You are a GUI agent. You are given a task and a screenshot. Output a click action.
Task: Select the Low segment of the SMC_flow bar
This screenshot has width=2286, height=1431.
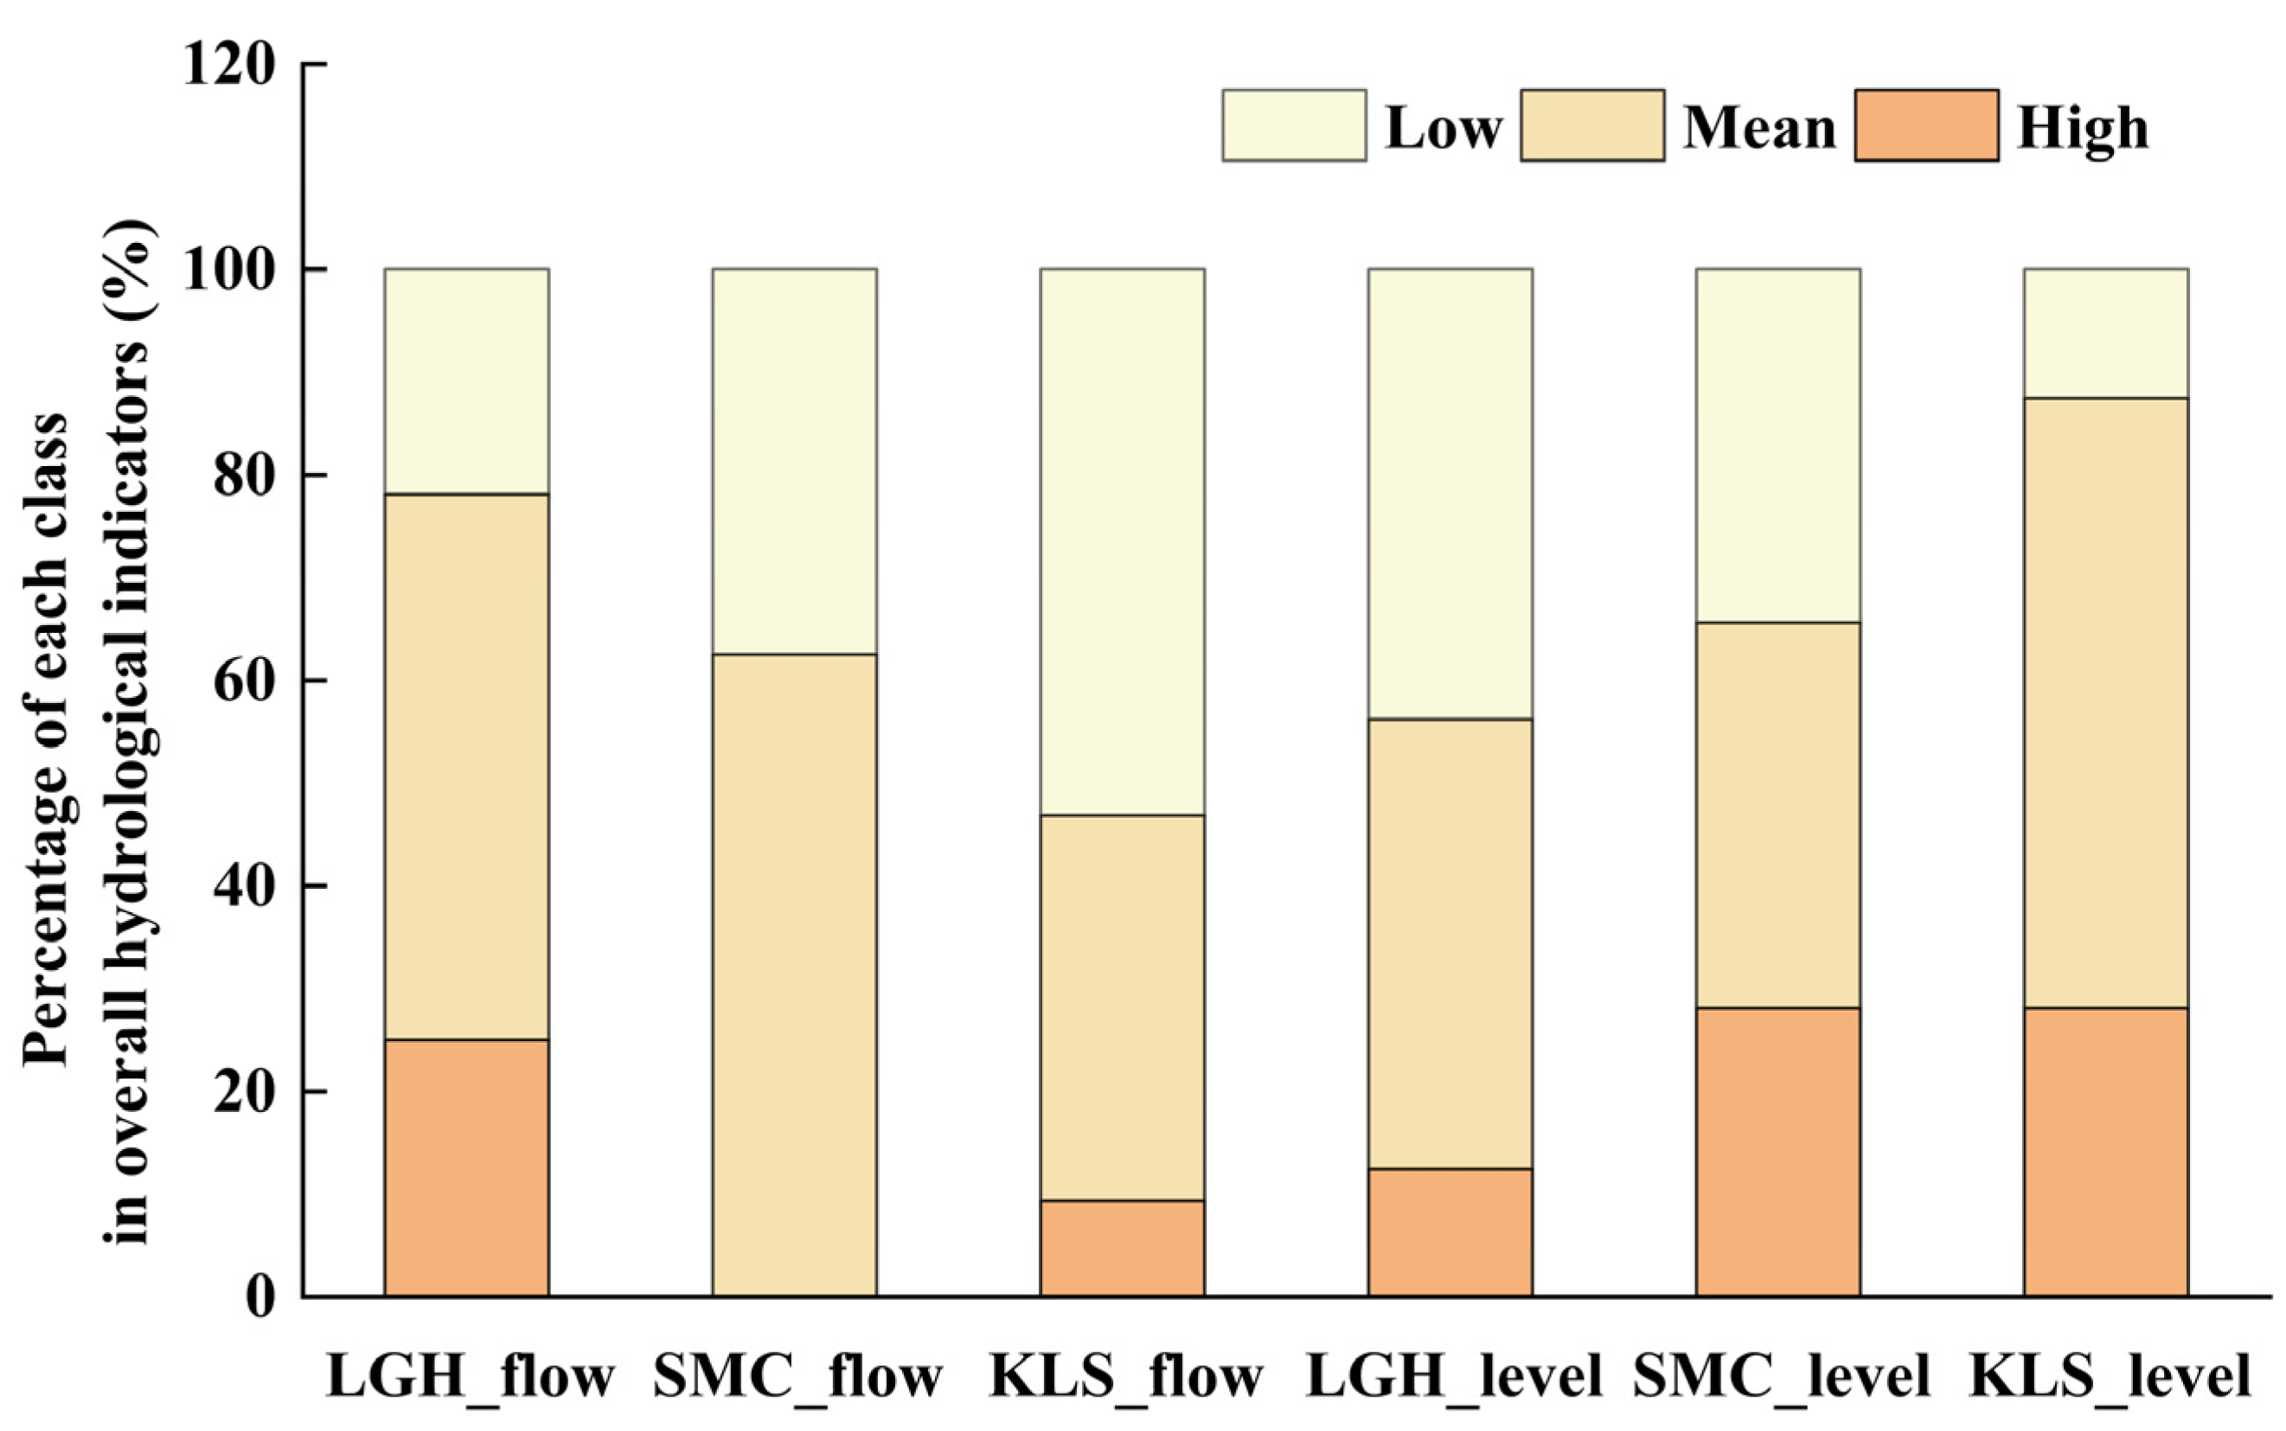[x=794, y=461]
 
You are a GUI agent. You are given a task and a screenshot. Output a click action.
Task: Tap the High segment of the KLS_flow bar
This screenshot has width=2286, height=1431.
[x=1122, y=1248]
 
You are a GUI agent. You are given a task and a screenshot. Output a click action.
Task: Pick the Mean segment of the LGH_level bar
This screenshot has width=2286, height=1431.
[x=1450, y=943]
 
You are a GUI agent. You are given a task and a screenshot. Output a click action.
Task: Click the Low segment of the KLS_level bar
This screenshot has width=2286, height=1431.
[x=2105, y=333]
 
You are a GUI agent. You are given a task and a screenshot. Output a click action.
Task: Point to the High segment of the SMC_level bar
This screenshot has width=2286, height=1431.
[x=1777, y=1151]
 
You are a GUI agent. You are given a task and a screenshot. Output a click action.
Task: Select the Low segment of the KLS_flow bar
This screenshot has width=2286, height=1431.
[x=1122, y=541]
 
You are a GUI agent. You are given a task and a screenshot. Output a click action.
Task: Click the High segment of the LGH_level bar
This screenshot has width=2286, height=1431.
[x=1450, y=1232]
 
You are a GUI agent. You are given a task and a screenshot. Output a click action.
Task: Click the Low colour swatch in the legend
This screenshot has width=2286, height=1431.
[x=1293, y=126]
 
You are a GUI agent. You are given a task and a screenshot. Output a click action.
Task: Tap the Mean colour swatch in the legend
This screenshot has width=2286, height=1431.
[x=1592, y=126]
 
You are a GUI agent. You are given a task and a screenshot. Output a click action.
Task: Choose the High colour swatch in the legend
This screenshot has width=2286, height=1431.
[x=1926, y=126]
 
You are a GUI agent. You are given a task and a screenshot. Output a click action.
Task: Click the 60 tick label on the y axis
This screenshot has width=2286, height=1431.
[x=244, y=681]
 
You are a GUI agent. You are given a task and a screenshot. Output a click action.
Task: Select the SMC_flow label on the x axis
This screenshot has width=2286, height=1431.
[x=797, y=1377]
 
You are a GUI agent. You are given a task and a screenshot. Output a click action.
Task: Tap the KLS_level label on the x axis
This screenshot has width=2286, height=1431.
[x=2109, y=1377]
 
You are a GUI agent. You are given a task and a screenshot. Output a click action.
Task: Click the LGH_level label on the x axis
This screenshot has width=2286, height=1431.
[x=1453, y=1377]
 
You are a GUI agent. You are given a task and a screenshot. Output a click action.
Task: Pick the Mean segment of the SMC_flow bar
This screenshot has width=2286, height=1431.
[x=794, y=974]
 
